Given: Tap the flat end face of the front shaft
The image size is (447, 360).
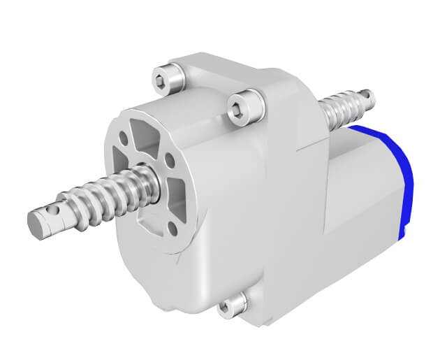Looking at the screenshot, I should point(35,222).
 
